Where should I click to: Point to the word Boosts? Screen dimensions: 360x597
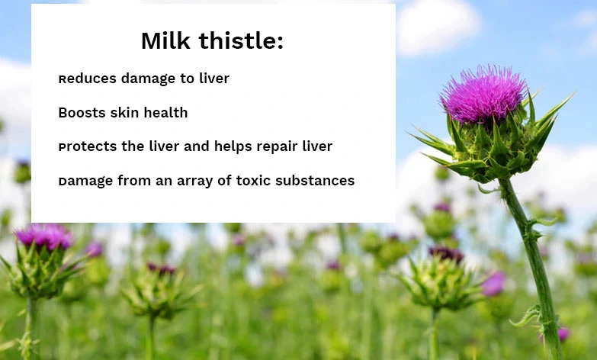pyautogui.click(x=81, y=113)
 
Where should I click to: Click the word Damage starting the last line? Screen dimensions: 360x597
pyautogui.click(x=86, y=181)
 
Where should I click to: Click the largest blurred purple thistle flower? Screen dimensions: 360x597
pyautogui.click(x=44, y=236)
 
